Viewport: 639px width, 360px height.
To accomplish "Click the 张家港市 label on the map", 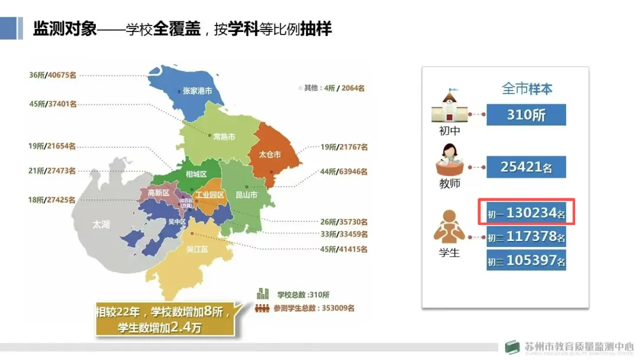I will pos(197,92).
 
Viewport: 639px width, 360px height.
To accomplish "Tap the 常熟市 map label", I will pos(224,137).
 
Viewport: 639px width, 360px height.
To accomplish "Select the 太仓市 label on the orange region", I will pos(270,155).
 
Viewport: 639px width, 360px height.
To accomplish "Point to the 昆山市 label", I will pos(246,195).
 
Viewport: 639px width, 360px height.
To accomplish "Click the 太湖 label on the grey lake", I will pos(101,225).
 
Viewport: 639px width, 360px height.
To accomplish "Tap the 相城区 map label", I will pos(196,174).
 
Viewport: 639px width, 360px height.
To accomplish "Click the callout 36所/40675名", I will pos(53,75).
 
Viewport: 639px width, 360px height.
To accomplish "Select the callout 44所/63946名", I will pos(344,172).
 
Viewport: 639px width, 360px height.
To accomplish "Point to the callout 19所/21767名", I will pos(344,147).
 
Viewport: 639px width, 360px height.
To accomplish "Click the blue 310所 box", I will pos(526,115).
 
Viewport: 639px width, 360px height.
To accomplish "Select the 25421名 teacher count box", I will pos(526,167).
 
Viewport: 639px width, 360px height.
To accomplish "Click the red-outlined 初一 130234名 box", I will pos(526,213).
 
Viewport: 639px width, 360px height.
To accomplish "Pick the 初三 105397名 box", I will pos(526,260).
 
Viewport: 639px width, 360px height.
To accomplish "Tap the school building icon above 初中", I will pos(449,107).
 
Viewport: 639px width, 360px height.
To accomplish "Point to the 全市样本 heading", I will pos(527,89).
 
